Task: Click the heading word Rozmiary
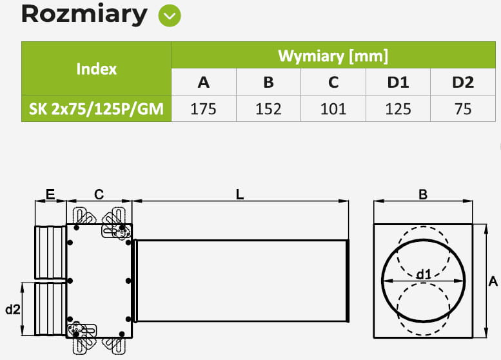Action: tap(84, 14)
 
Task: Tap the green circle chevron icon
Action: tap(170, 15)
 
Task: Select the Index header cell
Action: tap(96, 68)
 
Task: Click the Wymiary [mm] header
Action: tap(333, 55)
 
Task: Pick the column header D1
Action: tap(398, 82)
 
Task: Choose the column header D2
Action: tap(462, 82)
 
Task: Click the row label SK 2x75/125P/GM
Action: tap(96, 109)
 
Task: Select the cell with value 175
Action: tap(203, 109)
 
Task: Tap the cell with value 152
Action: tap(268, 109)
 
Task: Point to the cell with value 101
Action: tap(333, 109)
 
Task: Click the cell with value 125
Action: tap(398, 109)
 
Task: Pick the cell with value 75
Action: tap(462, 109)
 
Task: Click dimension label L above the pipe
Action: tap(240, 194)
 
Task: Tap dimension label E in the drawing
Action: tap(50, 194)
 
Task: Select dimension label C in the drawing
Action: tap(99, 194)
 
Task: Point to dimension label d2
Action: tap(12, 310)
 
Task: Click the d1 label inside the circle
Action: tap(423, 274)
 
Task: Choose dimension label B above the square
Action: tap(423, 194)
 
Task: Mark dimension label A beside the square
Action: tap(493, 281)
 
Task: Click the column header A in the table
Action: tap(203, 82)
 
